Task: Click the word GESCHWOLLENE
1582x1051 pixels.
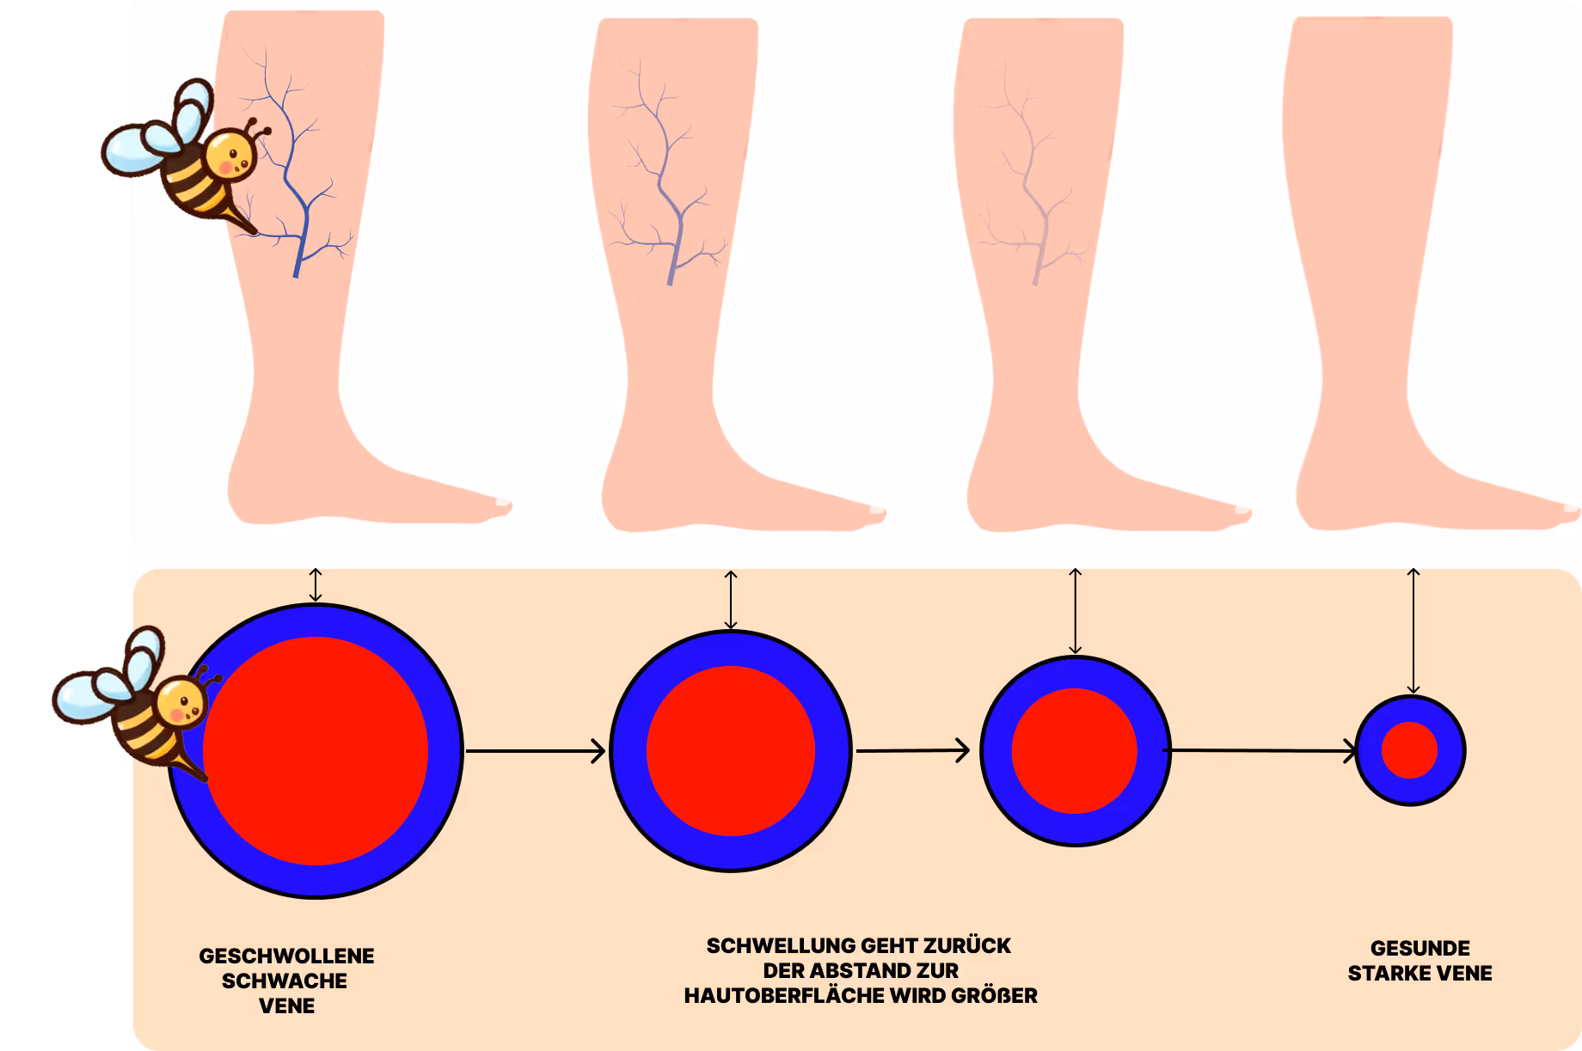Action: tap(286, 956)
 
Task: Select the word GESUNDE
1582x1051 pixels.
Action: tap(1420, 948)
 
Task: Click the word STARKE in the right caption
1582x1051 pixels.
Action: tap(1383, 973)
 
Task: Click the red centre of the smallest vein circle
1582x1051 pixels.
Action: tap(1409, 750)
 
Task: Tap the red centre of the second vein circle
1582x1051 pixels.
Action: tap(730, 750)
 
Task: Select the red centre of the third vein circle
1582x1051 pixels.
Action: tap(1074, 750)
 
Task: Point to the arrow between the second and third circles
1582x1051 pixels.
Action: tap(912, 751)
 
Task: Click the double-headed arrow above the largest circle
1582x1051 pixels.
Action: tap(316, 584)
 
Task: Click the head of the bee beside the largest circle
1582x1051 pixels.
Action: tap(181, 700)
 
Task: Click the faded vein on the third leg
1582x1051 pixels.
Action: tap(1036, 198)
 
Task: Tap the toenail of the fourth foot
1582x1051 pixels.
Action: tap(1572, 509)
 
